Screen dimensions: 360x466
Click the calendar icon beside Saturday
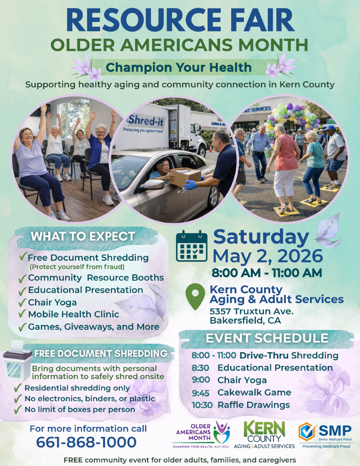[x=192, y=246]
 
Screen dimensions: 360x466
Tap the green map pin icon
[x=195, y=296]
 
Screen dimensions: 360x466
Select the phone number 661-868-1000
[x=86, y=442]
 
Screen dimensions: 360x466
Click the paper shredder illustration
[x=17, y=360]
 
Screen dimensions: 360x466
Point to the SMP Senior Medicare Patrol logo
[x=326, y=436]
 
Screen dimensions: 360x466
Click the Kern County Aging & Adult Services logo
[x=264, y=435]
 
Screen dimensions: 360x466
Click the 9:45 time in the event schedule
[x=201, y=393]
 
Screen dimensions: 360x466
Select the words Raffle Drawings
[x=254, y=405]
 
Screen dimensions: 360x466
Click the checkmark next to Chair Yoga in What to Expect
[x=22, y=303]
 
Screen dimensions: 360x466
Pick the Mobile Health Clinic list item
[x=73, y=314]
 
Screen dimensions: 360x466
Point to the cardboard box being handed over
[x=185, y=177]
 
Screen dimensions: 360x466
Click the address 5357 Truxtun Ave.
[x=252, y=311]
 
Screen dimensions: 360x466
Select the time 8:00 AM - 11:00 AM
[x=267, y=273]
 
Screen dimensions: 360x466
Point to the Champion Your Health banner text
[x=179, y=67]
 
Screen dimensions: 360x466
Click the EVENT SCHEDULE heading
[x=267, y=338]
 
